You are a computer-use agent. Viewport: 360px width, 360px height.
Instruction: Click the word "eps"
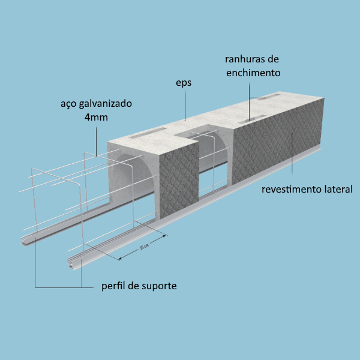coord(184,83)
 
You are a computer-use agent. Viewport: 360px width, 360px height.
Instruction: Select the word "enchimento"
coord(253,73)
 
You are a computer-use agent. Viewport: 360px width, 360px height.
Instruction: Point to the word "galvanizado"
coord(106,104)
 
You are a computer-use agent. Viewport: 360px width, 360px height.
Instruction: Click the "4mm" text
coord(96,118)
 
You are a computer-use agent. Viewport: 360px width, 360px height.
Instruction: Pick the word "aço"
coord(68,104)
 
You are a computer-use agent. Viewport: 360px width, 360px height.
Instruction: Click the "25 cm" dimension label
coord(144,247)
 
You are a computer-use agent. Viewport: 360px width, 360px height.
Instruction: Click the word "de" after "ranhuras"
coord(273,59)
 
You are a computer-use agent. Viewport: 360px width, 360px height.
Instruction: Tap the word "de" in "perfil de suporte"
coord(133,286)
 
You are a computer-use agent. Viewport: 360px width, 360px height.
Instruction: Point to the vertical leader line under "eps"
coord(185,105)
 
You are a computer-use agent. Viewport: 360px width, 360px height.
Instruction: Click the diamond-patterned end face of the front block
coord(179,181)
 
